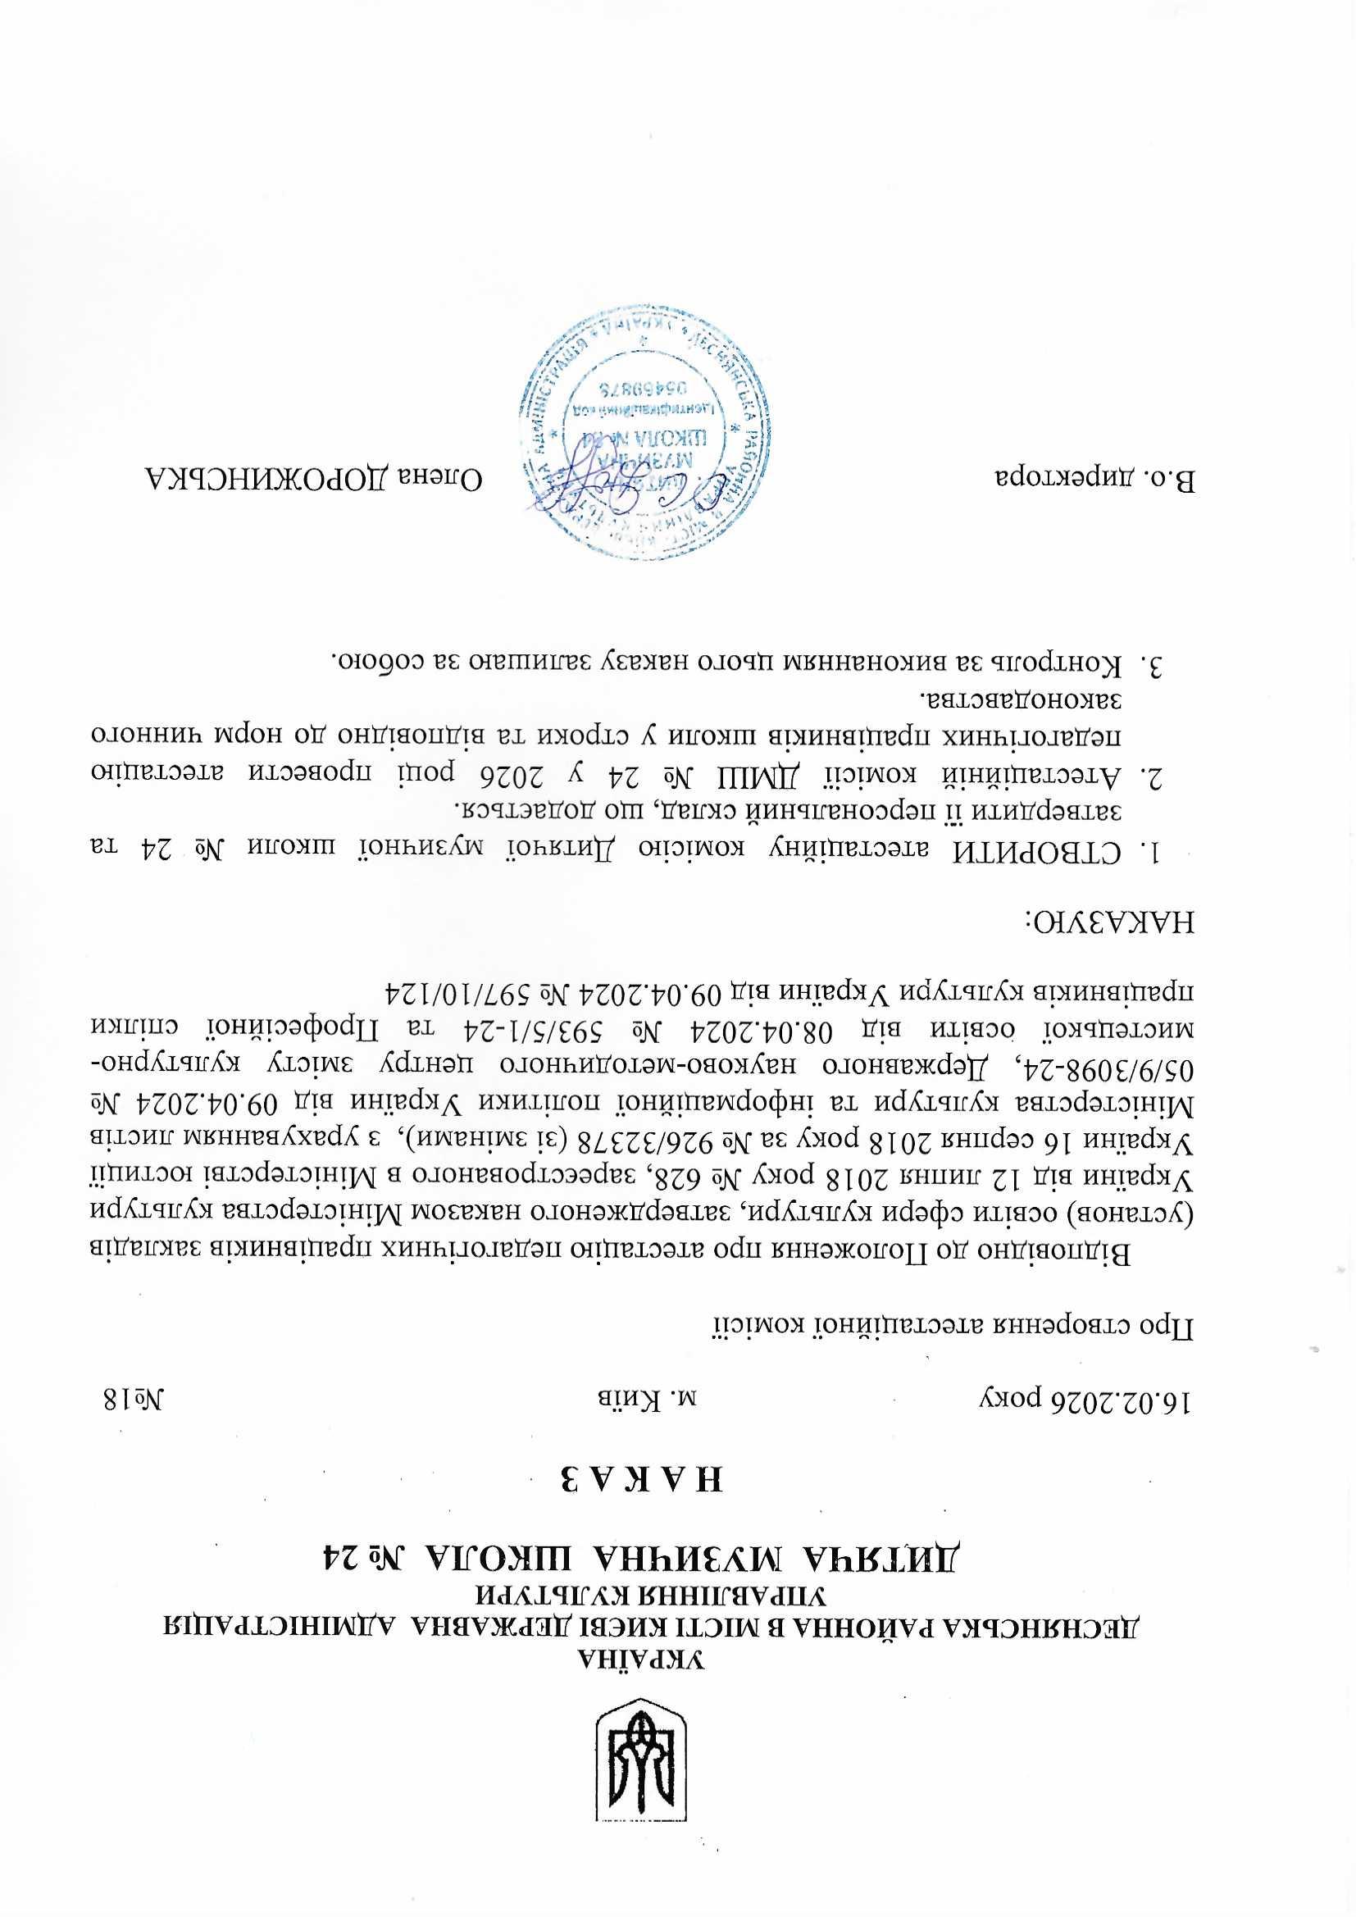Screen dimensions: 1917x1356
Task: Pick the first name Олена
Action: (450, 479)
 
